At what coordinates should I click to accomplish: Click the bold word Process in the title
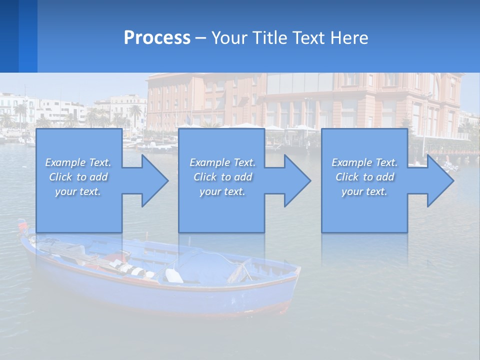[157, 37]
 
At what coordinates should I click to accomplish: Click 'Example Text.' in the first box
[78, 162]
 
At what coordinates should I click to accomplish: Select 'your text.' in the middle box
[222, 191]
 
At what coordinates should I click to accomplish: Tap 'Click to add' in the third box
[364, 177]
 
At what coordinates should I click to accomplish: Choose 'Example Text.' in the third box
[364, 162]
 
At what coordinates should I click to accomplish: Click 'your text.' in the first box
[78, 191]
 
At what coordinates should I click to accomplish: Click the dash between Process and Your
[201, 38]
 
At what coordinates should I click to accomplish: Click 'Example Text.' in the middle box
[222, 162]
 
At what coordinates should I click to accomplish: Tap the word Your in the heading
[228, 37]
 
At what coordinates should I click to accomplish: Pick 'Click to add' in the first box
[78, 177]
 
